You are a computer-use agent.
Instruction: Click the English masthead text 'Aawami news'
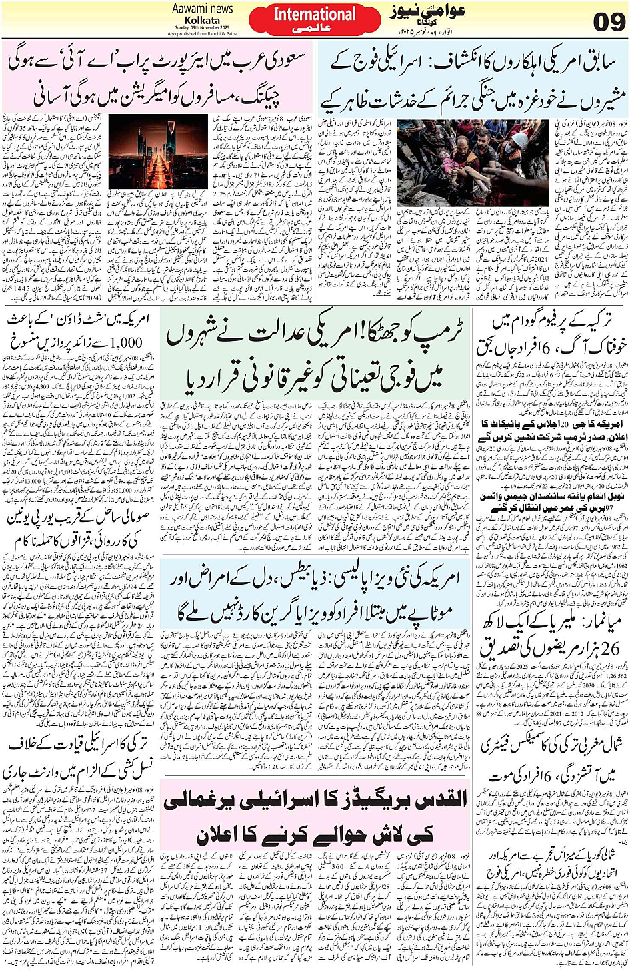203,9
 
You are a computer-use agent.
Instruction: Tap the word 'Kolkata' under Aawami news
203,20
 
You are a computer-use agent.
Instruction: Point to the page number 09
607,22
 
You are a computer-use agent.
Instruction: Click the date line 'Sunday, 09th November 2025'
203,28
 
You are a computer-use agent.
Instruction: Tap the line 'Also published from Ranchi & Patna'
203,33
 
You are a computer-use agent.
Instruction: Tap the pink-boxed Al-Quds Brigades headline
315,817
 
